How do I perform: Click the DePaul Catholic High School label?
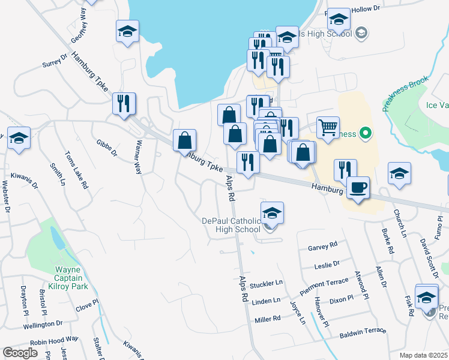click(x=231, y=224)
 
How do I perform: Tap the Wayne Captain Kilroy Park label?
click(x=68, y=278)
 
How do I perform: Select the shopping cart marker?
click(x=328, y=127)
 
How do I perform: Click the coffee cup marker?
click(x=358, y=188)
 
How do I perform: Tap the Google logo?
click(x=20, y=353)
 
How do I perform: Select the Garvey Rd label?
click(x=323, y=245)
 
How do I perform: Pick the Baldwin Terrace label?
click(x=363, y=333)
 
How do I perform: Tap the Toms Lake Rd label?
click(x=77, y=170)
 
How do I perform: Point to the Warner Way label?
click(x=138, y=157)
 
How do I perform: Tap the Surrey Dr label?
click(x=53, y=59)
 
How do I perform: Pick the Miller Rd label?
click(x=268, y=319)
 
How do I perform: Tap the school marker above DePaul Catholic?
click(x=272, y=213)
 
